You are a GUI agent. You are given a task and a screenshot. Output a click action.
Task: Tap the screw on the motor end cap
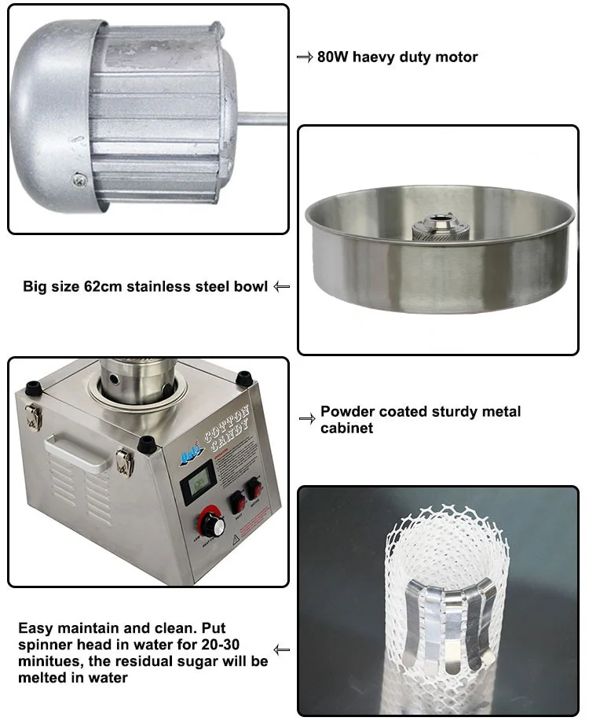[79, 179]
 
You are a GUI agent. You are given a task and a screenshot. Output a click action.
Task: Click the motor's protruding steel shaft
[262, 119]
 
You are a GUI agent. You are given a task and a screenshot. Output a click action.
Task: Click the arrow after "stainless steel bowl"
[282, 287]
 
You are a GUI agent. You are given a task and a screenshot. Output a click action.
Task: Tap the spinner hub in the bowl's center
[434, 229]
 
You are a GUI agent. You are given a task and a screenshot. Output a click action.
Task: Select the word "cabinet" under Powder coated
[346, 429]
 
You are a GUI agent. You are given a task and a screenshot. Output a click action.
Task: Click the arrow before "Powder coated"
[307, 418]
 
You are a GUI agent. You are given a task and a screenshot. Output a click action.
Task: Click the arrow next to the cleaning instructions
[282, 650]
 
